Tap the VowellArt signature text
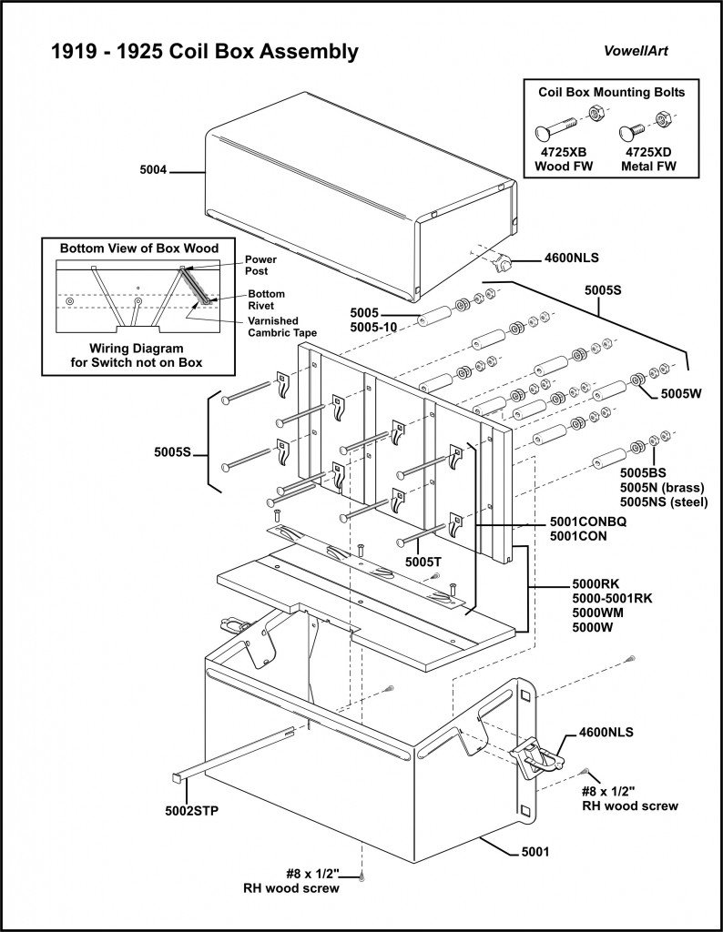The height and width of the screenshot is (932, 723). [x=636, y=51]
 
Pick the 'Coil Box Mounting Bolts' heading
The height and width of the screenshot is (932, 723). [x=611, y=92]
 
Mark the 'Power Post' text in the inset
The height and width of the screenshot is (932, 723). [x=260, y=265]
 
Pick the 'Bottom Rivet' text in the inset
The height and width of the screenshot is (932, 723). [x=267, y=300]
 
